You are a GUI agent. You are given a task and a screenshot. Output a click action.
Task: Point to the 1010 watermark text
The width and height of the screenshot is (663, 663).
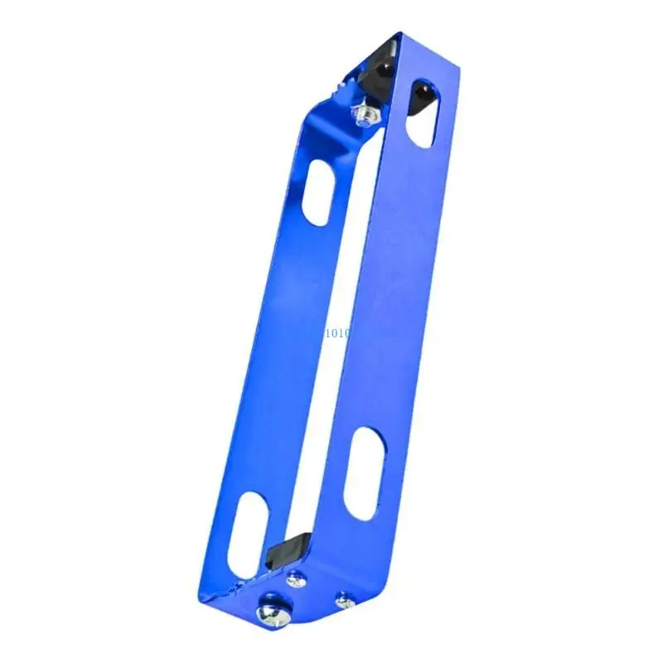click(337, 332)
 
